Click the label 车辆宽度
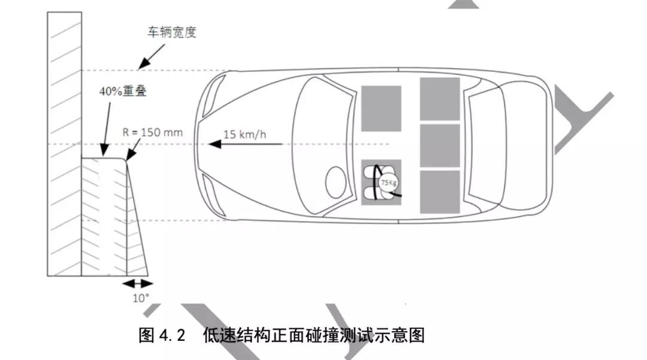tap(172, 32)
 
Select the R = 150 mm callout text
tap(152, 132)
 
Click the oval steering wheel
tap(337, 180)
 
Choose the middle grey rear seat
tap(440, 146)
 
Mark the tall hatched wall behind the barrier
tap(64, 144)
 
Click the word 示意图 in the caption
tap(401, 335)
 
